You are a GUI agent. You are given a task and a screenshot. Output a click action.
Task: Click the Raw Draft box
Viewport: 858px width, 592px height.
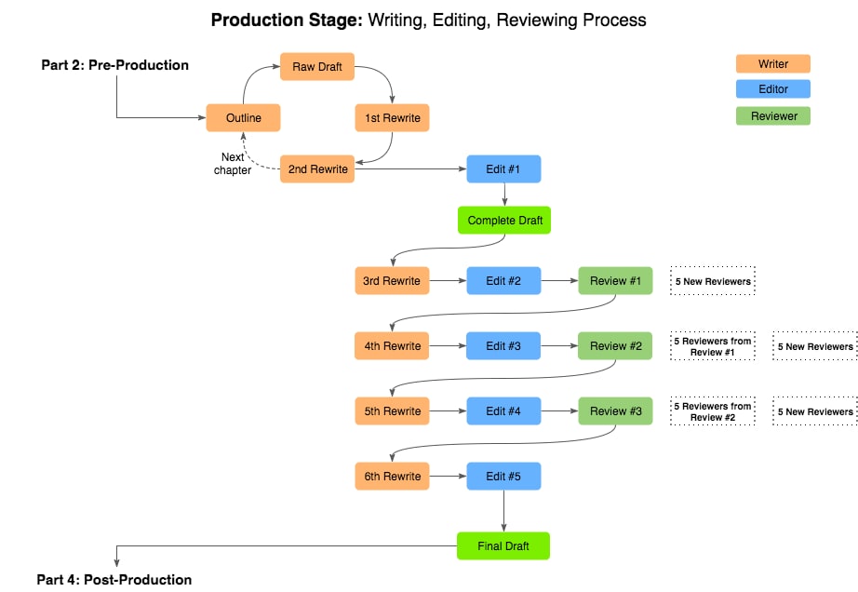pyautogui.click(x=317, y=67)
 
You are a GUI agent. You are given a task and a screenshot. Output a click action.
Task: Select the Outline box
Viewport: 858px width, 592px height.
pyautogui.click(x=243, y=117)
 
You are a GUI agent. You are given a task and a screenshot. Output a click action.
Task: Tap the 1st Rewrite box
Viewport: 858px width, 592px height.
pyautogui.click(x=393, y=117)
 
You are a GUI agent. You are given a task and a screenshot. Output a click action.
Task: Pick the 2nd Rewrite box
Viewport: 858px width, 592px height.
pyautogui.click(x=317, y=169)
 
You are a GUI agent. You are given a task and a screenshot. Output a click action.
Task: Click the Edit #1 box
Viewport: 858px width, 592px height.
pyautogui.click(x=503, y=169)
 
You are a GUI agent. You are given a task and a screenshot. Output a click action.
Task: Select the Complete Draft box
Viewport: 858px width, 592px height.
pyautogui.click(x=504, y=220)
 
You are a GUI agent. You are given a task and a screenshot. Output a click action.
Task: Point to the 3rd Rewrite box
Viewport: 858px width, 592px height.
pyautogui.click(x=392, y=281)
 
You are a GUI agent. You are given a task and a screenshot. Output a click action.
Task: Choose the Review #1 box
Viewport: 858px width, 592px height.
pyautogui.click(x=615, y=281)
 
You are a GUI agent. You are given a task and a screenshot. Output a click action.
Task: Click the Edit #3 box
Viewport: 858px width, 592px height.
pyautogui.click(x=503, y=345)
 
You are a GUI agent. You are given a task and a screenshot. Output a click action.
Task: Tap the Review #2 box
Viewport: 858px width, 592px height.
pyautogui.click(x=615, y=345)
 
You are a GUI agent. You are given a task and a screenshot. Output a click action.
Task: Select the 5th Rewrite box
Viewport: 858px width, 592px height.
pyautogui.click(x=393, y=410)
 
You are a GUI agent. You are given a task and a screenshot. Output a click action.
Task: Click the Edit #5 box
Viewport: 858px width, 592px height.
pyautogui.click(x=503, y=476)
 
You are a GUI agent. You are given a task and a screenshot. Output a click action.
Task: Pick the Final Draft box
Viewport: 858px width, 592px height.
pyautogui.click(x=503, y=546)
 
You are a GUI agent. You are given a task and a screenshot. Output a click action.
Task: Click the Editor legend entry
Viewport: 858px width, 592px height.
pyautogui.click(x=772, y=89)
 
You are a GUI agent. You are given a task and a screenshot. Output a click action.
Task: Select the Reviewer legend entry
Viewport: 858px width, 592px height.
pyautogui.click(x=772, y=116)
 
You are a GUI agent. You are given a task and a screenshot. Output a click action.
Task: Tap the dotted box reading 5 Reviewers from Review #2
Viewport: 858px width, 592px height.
pyautogui.click(x=713, y=411)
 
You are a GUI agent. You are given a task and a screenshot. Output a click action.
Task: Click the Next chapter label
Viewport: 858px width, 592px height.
pyautogui.click(x=233, y=164)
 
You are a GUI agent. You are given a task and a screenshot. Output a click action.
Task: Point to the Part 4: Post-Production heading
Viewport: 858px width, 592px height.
pyautogui.click(x=114, y=579)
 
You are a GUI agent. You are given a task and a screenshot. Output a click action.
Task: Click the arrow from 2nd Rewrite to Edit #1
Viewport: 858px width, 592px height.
pyautogui.click(x=410, y=169)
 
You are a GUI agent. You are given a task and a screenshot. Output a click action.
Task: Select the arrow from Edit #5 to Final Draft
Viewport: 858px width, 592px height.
pyautogui.click(x=503, y=511)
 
